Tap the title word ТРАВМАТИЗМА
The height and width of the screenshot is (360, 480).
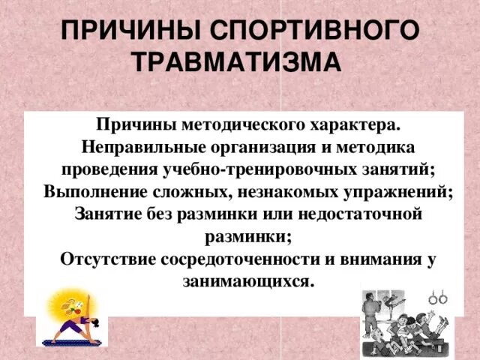pos(238,61)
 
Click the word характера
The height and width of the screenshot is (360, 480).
pos(350,122)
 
